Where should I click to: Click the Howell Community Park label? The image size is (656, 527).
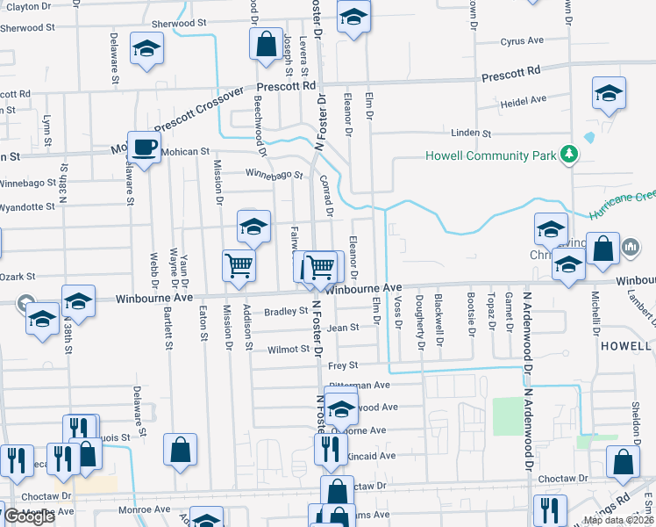491,156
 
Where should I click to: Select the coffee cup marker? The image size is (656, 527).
144,146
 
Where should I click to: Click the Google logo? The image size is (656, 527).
29,517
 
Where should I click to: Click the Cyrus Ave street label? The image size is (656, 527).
524,41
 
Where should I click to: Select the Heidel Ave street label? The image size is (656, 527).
524,100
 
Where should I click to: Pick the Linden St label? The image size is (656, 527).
470,134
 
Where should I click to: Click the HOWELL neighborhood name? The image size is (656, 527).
626,346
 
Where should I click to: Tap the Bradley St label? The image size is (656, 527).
286,311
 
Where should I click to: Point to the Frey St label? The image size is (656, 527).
343,365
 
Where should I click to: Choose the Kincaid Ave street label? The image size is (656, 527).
373,456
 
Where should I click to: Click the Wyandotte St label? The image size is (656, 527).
27,207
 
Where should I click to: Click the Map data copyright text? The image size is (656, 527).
618,520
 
